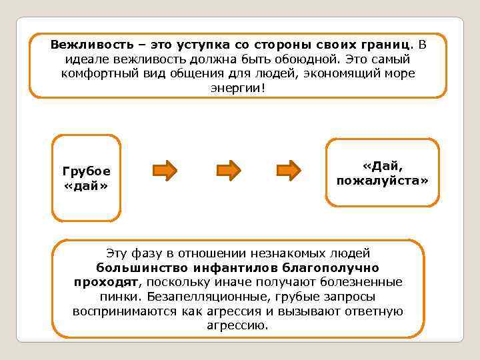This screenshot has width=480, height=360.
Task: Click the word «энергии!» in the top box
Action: pyautogui.click(x=237, y=87)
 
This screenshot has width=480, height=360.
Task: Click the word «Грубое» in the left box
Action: pyautogui.click(x=86, y=171)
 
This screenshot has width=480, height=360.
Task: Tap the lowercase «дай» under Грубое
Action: pyautogui.click(x=85, y=184)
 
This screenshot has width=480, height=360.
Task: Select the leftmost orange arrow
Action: pyautogui.click(x=165, y=170)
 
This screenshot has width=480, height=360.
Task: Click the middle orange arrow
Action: pyautogui.click(x=228, y=170)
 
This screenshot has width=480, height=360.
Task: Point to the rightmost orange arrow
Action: pyautogui.click(x=289, y=170)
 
